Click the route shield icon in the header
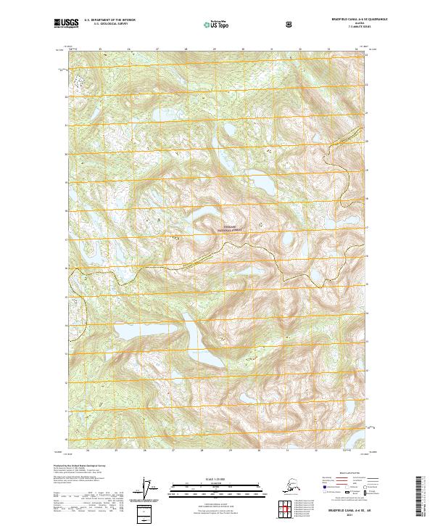289,25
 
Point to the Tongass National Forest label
228,226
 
